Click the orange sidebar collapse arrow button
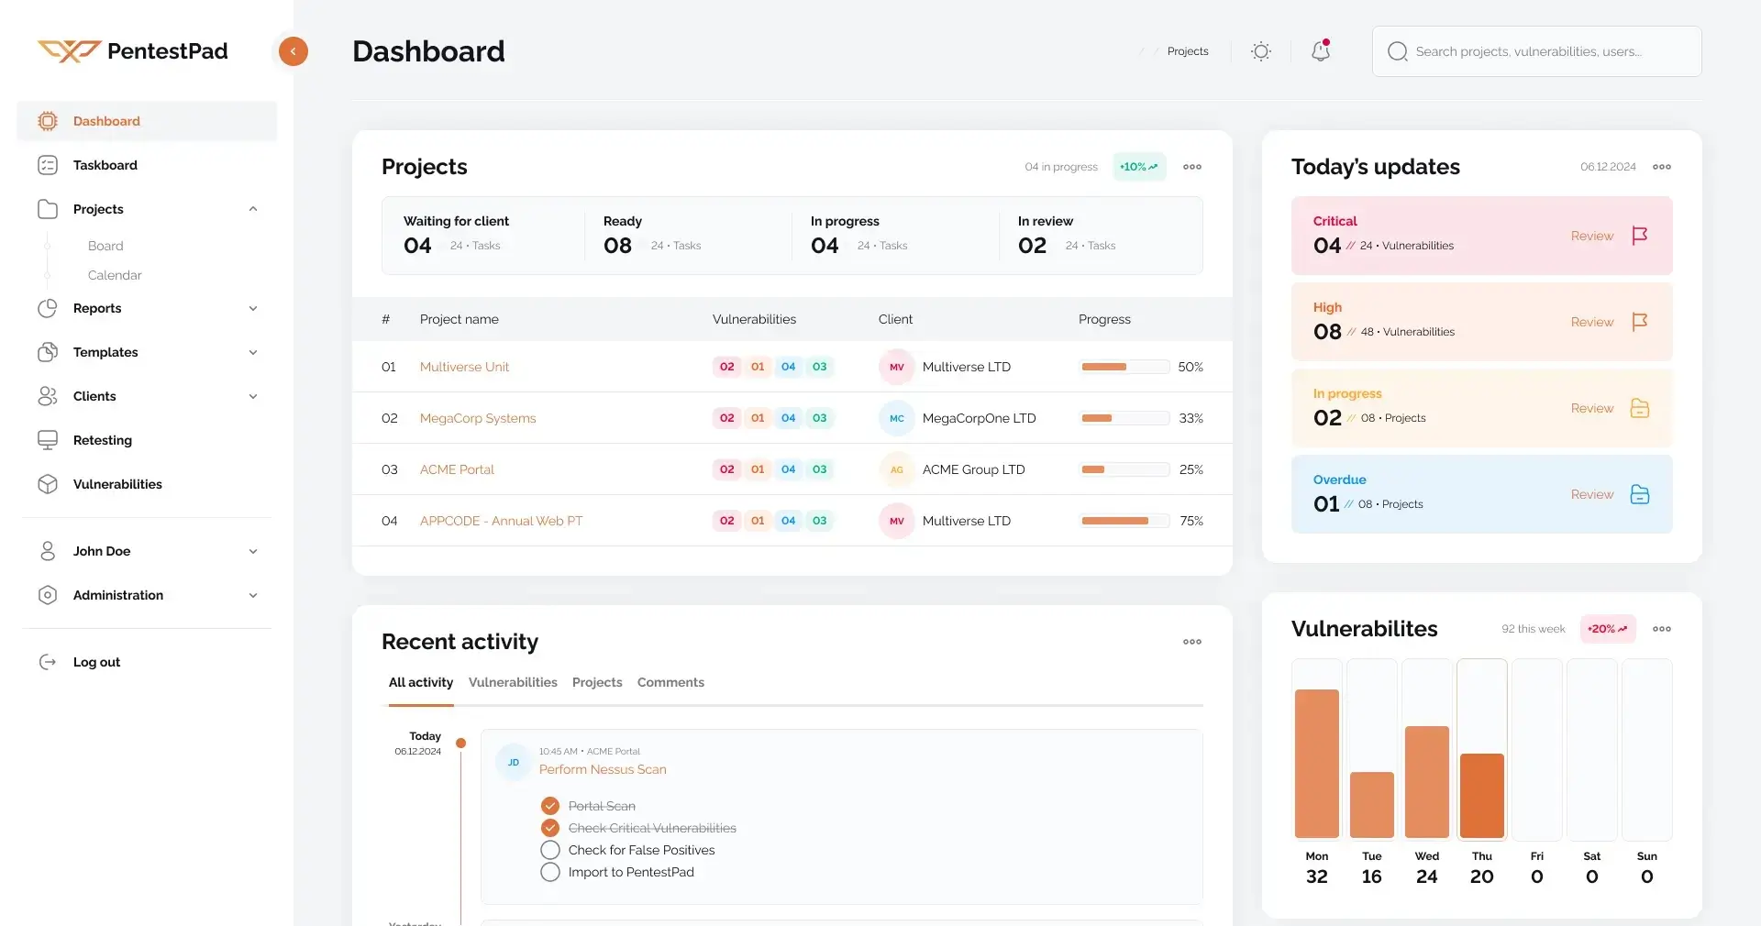click(x=293, y=51)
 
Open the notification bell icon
click(x=1321, y=51)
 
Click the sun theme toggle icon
click(x=1261, y=51)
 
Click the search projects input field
click(x=1536, y=51)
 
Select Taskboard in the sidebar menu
click(x=105, y=165)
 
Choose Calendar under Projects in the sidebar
click(x=115, y=275)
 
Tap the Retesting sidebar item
click(x=103, y=440)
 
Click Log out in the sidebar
click(x=96, y=662)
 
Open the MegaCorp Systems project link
click(x=478, y=418)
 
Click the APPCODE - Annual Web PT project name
click(x=501, y=521)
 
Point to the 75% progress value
click(x=1191, y=521)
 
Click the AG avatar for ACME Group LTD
click(x=896, y=469)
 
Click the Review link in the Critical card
click(x=1591, y=236)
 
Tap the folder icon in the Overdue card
click(x=1640, y=494)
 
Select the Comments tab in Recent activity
click(x=670, y=682)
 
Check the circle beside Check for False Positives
click(x=550, y=850)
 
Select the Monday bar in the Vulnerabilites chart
click(x=1317, y=763)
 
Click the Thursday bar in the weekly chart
click(x=1482, y=795)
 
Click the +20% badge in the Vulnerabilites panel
click(x=1607, y=629)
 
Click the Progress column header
click(x=1104, y=319)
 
